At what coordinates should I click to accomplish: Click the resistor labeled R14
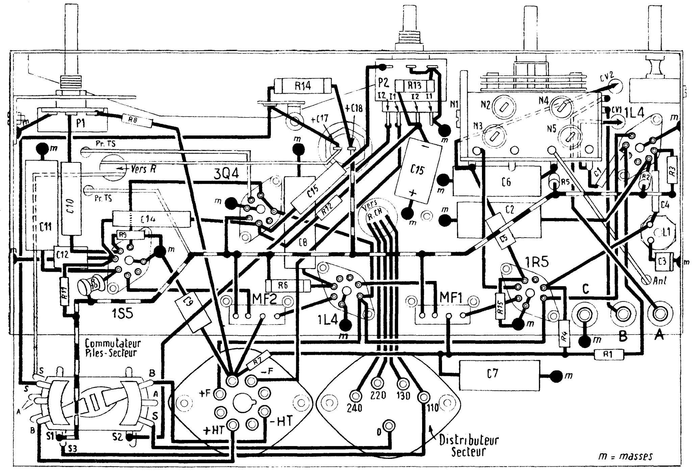[x=303, y=86]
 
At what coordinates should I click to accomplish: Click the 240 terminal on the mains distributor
[x=356, y=395]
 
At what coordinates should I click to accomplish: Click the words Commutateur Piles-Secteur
[x=112, y=348]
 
